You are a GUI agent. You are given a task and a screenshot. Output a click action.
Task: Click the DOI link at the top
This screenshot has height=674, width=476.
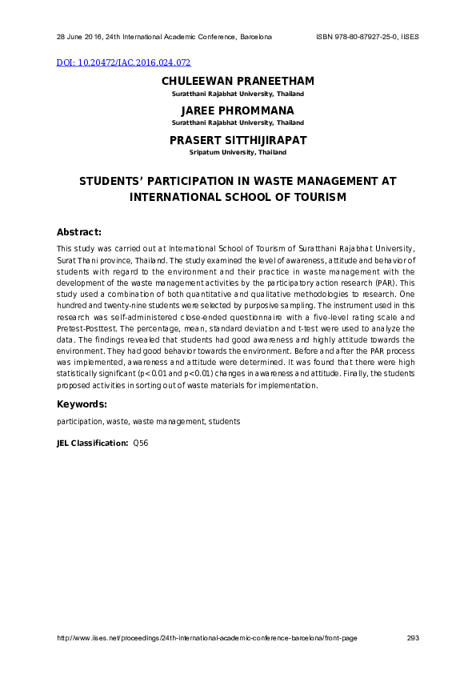pyautogui.click(x=124, y=62)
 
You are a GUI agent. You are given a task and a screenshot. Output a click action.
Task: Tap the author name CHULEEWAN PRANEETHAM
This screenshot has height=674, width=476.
pyautogui.click(x=238, y=82)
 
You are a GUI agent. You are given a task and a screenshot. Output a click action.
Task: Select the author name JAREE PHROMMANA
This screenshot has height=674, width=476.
pyautogui.click(x=238, y=110)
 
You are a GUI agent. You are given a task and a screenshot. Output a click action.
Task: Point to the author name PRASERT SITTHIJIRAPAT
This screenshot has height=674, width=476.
pyautogui.click(x=238, y=140)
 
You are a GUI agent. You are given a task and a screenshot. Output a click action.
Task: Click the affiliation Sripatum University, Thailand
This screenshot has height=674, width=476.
pyautogui.click(x=238, y=151)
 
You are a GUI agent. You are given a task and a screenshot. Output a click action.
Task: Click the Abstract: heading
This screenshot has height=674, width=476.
pyautogui.click(x=79, y=232)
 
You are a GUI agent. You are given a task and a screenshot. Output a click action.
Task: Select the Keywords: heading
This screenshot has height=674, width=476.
pyautogui.click(x=82, y=404)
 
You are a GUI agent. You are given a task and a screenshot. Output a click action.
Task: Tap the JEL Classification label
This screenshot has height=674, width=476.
pyautogui.click(x=92, y=443)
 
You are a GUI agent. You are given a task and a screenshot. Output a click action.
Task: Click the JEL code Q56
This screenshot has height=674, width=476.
pyautogui.click(x=141, y=443)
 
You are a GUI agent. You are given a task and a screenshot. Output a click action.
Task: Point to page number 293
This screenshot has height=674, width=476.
pyautogui.click(x=413, y=638)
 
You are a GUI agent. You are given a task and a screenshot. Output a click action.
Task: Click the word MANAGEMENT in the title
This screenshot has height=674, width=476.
pyautogui.click(x=330, y=182)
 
